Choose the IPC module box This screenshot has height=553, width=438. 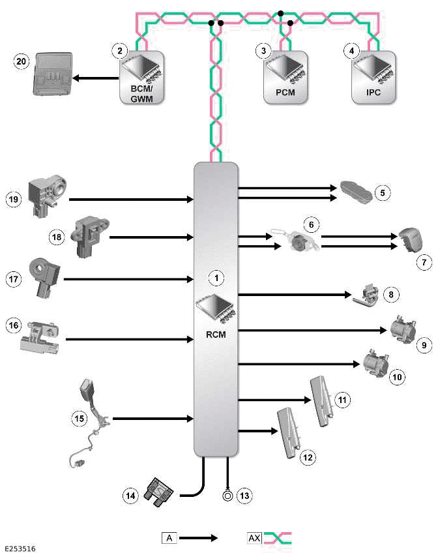coord(372,76)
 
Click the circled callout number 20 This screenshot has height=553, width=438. coord(22,61)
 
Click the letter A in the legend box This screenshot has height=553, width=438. coord(169,538)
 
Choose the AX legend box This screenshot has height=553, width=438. coord(254,538)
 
